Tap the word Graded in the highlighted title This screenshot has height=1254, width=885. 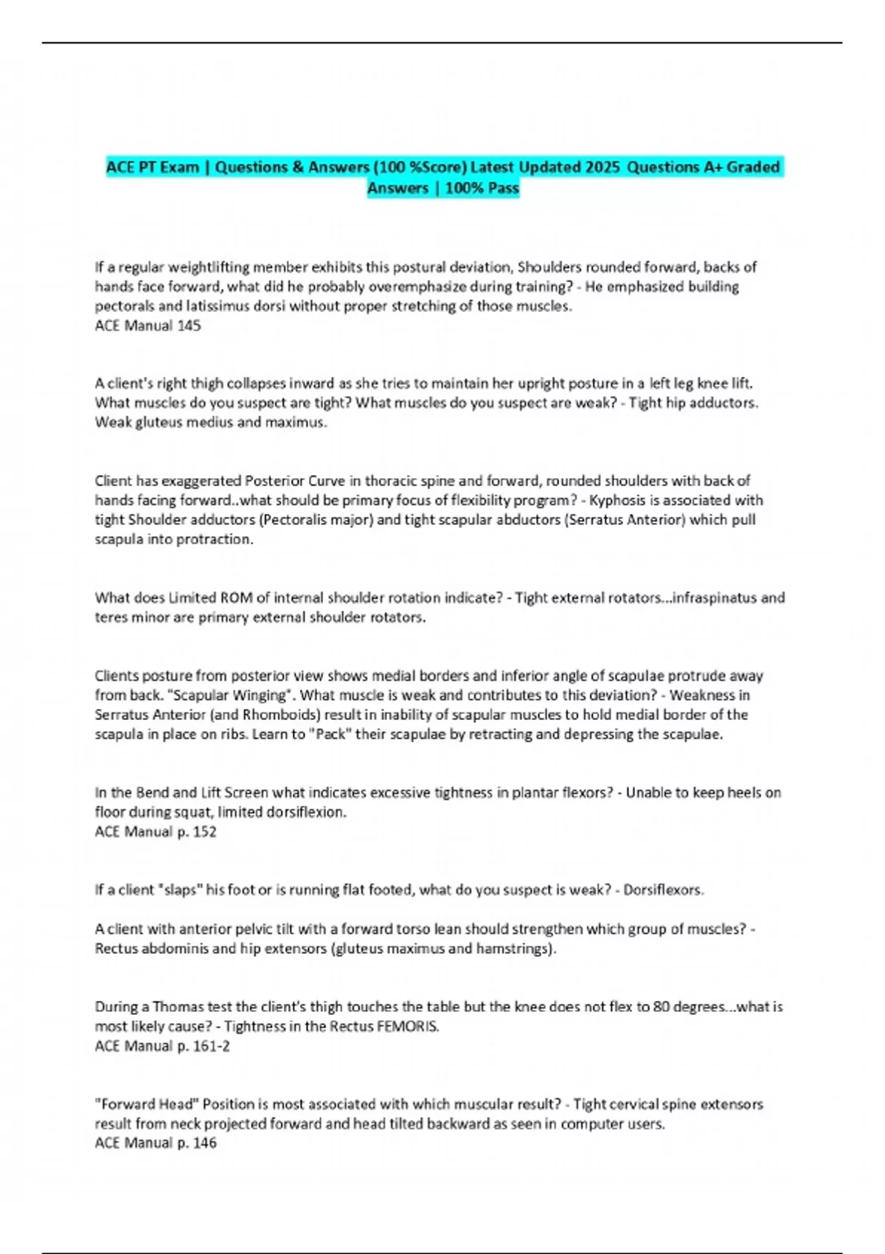[753, 167]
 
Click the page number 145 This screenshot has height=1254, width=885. [189, 325]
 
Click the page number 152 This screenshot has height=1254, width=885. [204, 831]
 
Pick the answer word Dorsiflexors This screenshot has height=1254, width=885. [662, 890]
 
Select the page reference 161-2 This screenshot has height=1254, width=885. [211, 1046]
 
